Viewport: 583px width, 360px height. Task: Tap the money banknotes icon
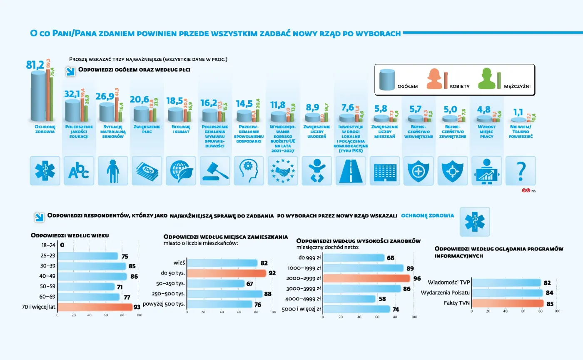coord(147,171)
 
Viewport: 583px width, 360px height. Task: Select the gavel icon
coord(215,171)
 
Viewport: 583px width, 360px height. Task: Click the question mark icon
coord(520,171)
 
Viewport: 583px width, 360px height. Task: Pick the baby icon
coord(316,171)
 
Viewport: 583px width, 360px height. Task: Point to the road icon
coord(351,171)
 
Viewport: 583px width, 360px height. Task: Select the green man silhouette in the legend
coord(488,79)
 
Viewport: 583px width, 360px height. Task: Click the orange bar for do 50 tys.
coord(226,273)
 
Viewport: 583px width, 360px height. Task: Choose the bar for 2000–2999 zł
coord(366,278)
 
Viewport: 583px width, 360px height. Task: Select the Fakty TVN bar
coord(507,304)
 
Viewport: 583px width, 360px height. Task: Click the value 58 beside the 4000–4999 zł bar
coord(382,299)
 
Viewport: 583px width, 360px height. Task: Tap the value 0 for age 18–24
coord(62,245)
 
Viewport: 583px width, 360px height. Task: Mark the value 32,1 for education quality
coord(72,94)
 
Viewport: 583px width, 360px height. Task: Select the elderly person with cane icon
coord(113,171)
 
